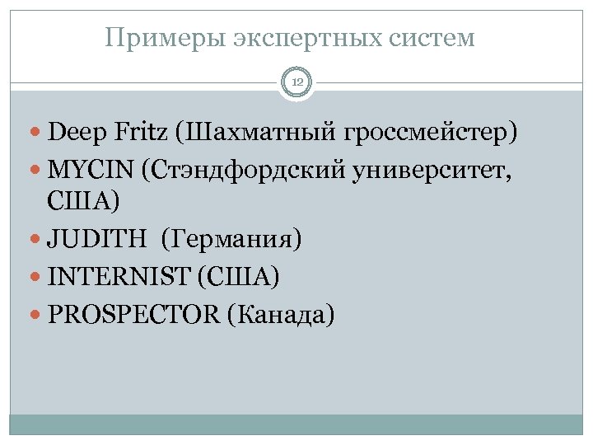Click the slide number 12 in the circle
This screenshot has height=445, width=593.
pyautogui.click(x=296, y=82)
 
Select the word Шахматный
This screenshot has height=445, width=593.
pyautogui.click(x=253, y=130)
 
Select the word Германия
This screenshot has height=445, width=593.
pyautogui.click(x=233, y=240)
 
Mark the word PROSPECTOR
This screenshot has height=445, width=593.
pyautogui.click(x=133, y=314)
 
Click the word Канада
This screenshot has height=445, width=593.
pyautogui.click(x=285, y=314)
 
